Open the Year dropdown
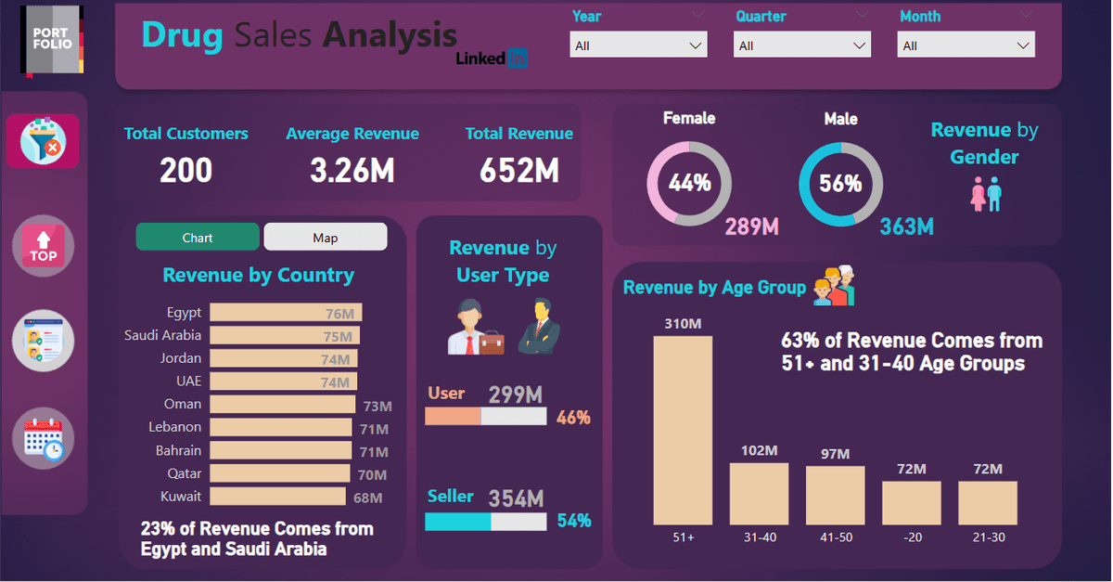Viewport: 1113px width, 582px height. click(x=638, y=45)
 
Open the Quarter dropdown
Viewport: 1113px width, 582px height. click(x=801, y=45)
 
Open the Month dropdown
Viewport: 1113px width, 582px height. click(x=966, y=45)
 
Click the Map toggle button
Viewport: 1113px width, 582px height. click(x=325, y=238)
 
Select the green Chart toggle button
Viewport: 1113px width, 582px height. click(x=198, y=238)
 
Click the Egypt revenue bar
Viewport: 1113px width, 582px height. click(x=286, y=313)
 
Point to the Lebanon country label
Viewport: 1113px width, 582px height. click(x=174, y=427)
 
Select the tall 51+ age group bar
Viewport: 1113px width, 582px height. click(x=683, y=431)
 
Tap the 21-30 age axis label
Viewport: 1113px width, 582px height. click(x=987, y=537)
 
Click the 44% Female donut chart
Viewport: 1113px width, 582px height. click(x=689, y=184)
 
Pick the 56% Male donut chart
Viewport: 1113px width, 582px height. click(x=840, y=184)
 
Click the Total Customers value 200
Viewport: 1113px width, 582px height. click(x=185, y=170)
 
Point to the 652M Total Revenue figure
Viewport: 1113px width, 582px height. click(x=518, y=170)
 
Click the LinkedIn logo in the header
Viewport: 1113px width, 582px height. click(x=493, y=58)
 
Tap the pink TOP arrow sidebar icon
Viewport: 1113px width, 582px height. click(x=43, y=247)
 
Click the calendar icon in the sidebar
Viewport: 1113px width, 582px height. click(x=43, y=438)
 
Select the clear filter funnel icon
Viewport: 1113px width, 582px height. click(x=43, y=141)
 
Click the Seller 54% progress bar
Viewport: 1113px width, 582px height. click(x=485, y=523)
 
